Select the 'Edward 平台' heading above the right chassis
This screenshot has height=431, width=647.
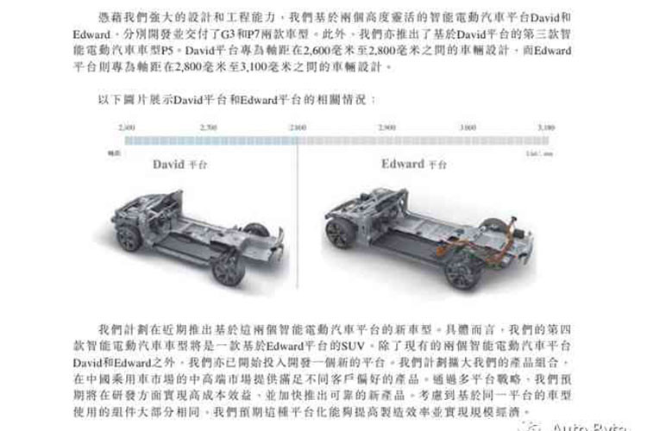click(x=414, y=164)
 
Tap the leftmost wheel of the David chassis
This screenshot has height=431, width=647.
click(x=129, y=237)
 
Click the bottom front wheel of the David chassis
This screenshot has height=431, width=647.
click(x=228, y=271)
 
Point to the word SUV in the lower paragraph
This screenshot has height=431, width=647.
click(x=353, y=346)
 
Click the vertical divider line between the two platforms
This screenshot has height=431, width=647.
click(x=298, y=215)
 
